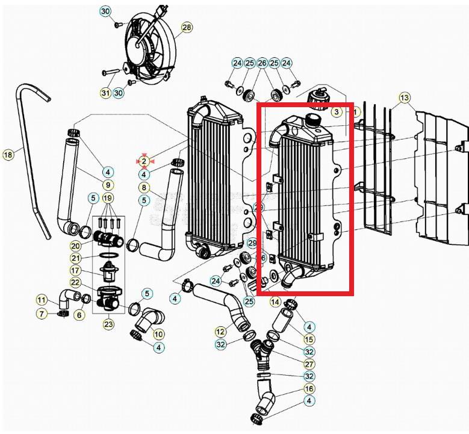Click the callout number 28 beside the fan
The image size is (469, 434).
pos(187,28)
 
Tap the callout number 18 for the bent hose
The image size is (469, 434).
pos(8,155)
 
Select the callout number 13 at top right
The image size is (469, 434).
pos(404,98)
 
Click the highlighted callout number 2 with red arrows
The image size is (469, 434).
pos(144,161)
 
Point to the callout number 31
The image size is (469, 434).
pos(105,92)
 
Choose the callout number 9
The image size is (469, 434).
pos(108,185)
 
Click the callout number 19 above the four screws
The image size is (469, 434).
pos(108,198)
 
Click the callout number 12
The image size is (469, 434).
pos(220,331)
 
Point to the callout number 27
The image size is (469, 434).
pos(309,364)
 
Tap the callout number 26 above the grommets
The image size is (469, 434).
pos(262,63)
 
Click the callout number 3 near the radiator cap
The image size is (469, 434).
pos(336,112)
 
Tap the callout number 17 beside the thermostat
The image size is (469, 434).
pos(75,270)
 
